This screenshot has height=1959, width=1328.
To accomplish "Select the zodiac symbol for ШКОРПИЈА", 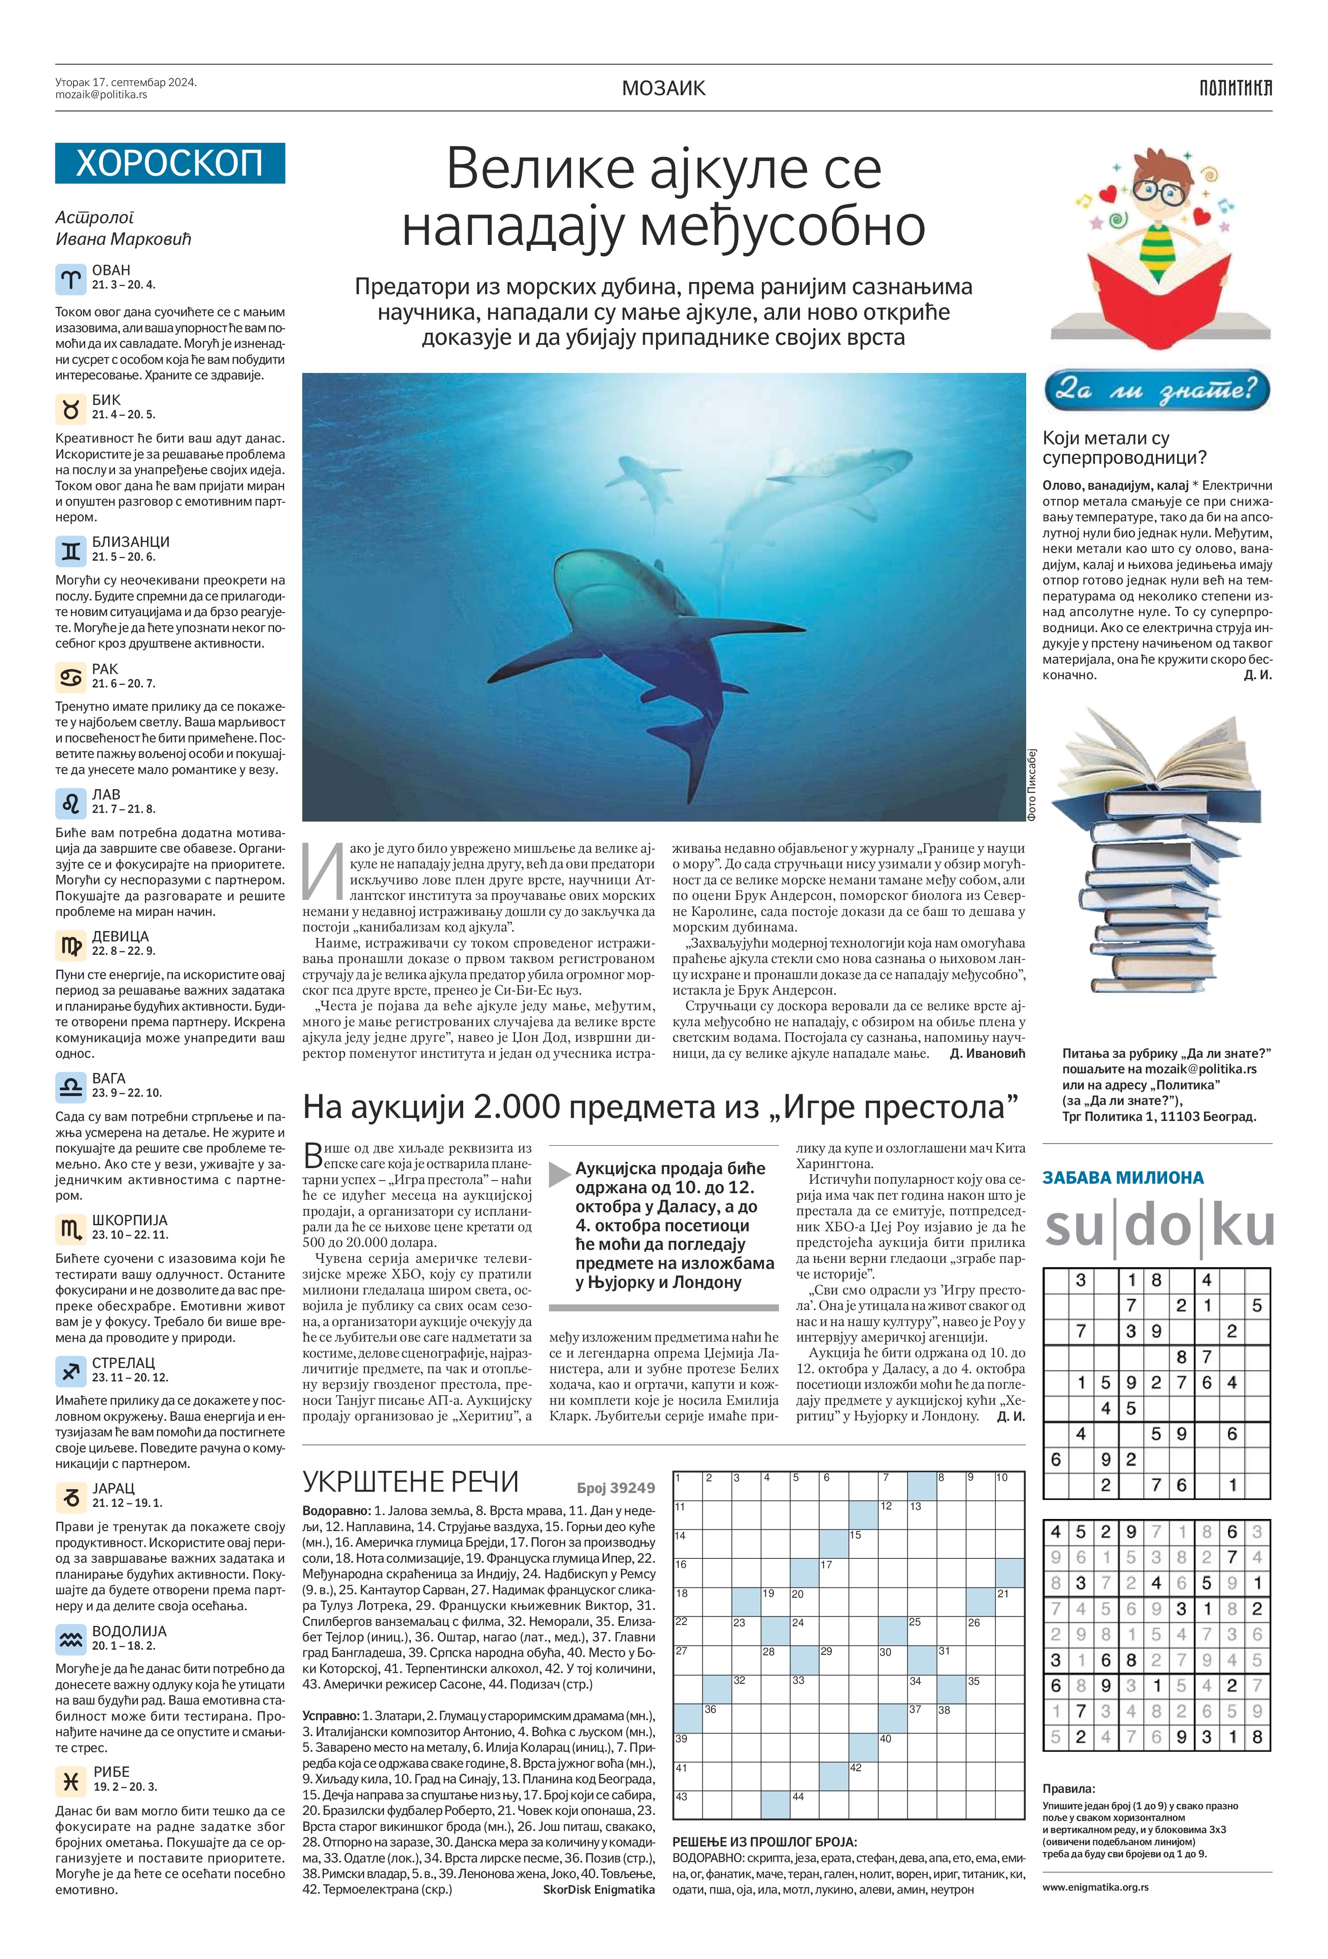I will (x=71, y=1227).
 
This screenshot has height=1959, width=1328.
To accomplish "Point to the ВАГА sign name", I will (x=109, y=1078).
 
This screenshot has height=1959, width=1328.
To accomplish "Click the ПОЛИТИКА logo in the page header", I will (x=1235, y=88).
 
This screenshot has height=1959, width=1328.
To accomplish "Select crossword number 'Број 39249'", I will (x=616, y=1488).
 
